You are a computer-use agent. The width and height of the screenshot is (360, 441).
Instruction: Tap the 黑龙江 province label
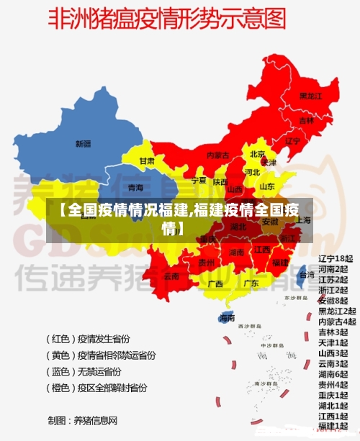click(310, 96)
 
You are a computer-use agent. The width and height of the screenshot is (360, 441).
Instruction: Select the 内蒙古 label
click(217, 155)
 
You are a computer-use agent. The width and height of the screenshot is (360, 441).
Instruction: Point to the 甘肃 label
click(147, 161)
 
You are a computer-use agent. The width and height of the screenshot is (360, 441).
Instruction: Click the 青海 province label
click(135, 187)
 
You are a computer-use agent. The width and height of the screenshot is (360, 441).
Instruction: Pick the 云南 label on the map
click(171, 276)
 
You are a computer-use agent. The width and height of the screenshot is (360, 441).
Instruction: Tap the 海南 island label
click(227, 317)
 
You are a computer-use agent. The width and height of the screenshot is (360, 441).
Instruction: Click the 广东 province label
click(251, 283)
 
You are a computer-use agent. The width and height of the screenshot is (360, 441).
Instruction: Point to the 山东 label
click(266, 186)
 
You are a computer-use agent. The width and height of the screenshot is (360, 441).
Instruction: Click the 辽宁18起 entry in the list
click(336, 258)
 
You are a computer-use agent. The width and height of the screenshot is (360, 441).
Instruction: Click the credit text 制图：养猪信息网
click(82, 420)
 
